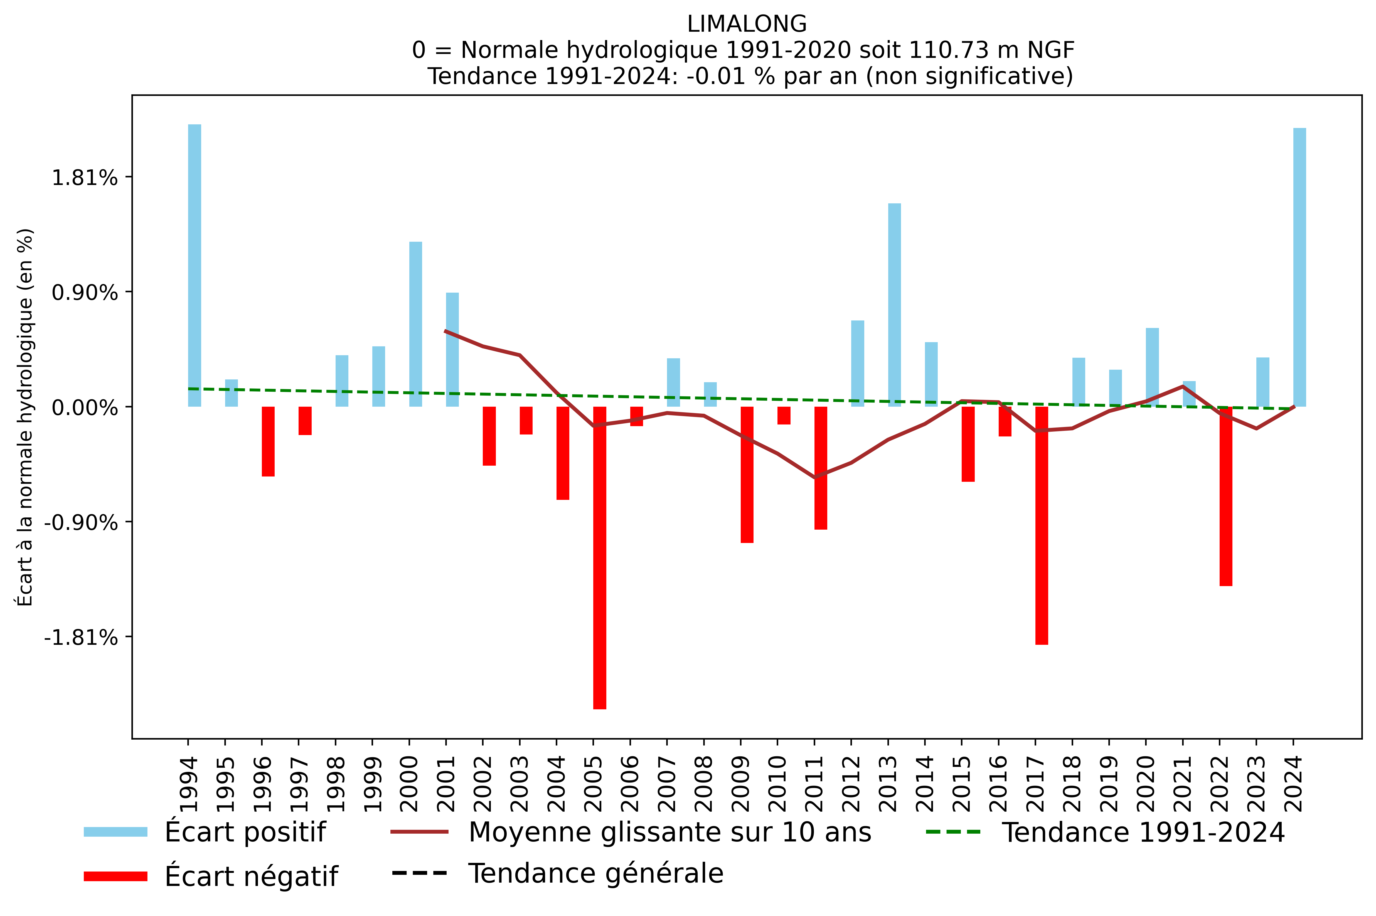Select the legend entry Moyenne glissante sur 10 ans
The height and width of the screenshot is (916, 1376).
669,832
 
